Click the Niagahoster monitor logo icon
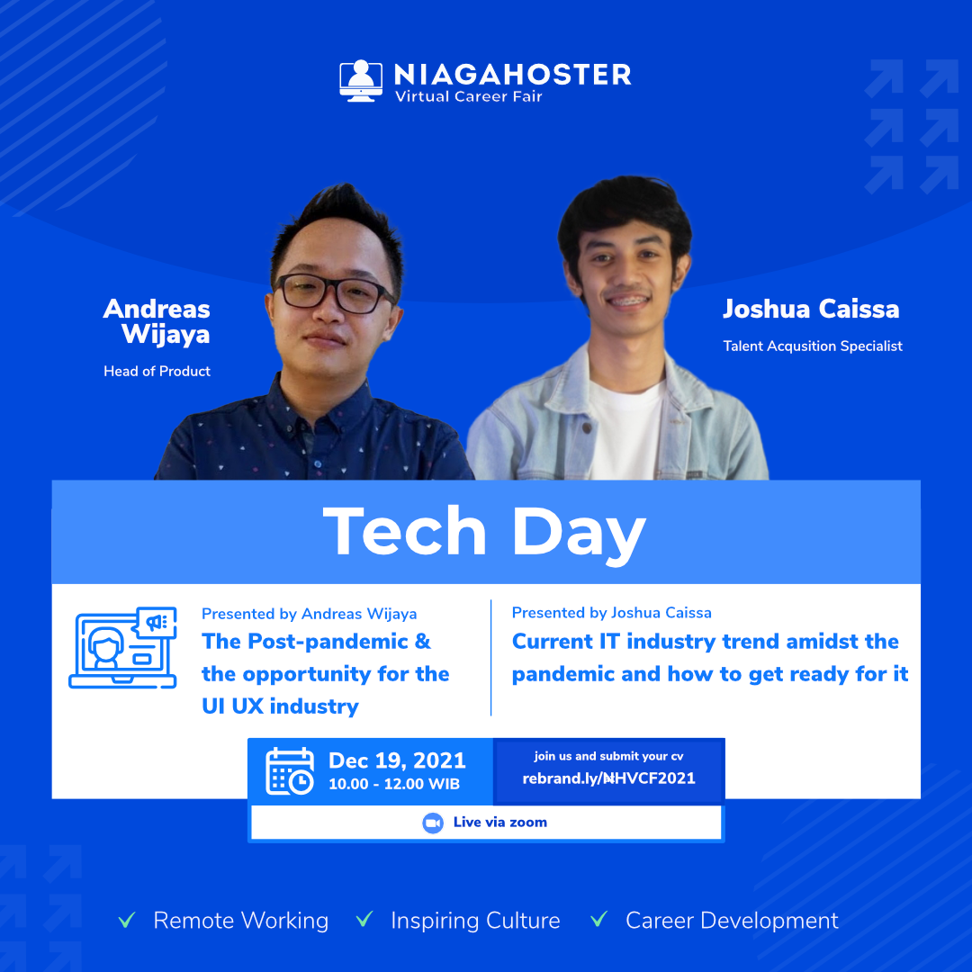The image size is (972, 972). [361, 81]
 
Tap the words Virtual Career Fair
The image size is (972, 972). [469, 96]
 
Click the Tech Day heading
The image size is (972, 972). [484, 533]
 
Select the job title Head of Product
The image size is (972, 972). [157, 372]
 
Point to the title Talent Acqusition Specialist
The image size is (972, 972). [812, 346]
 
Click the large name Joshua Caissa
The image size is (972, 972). [811, 309]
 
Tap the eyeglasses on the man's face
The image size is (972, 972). [334, 292]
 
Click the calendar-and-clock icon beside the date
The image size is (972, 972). [290, 771]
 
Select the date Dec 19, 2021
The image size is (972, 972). [397, 760]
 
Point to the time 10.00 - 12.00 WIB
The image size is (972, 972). [394, 784]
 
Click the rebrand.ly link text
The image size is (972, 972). [608, 778]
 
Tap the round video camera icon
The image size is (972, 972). [433, 823]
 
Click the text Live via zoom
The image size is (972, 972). [500, 823]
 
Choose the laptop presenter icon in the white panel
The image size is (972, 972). [122, 647]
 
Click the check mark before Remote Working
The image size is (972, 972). [127, 920]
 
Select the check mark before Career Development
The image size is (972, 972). [598, 919]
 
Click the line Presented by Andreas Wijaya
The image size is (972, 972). [310, 614]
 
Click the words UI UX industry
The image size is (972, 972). [280, 706]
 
